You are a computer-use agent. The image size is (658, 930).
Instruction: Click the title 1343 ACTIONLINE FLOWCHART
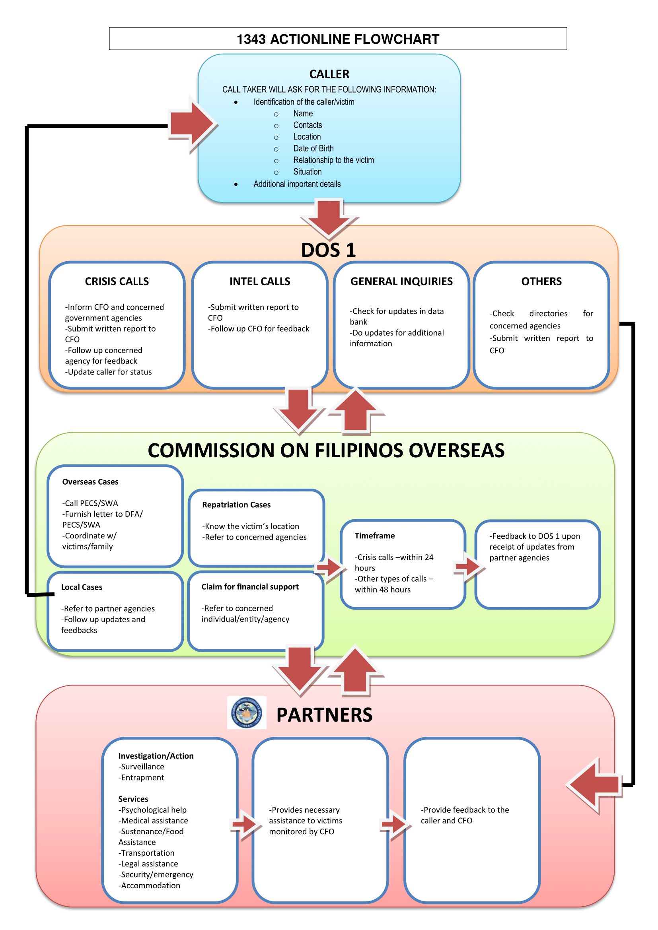tap(337, 39)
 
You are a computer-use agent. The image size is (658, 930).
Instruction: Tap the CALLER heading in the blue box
tap(329, 74)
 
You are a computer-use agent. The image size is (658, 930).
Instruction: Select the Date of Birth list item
tap(313, 149)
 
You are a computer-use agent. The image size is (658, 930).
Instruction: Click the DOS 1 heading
tap(328, 250)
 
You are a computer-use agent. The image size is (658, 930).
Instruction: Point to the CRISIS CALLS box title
tap(117, 282)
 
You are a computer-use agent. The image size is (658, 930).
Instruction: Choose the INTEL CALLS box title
tap(260, 282)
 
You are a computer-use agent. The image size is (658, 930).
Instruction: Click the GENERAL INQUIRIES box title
tap(401, 282)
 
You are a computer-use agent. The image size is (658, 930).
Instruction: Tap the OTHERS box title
tap(541, 282)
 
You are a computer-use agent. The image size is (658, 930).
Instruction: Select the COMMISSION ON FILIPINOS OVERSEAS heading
tap(326, 450)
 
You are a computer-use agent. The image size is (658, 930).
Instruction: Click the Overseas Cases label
tap(90, 482)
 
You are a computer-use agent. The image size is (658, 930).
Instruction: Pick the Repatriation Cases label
tap(236, 505)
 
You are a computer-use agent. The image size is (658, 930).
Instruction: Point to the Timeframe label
tap(374, 536)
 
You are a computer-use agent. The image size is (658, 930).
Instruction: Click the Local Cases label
tap(82, 587)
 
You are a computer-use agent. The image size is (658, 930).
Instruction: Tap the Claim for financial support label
tap(250, 587)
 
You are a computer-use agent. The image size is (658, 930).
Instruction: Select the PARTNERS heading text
tap(324, 715)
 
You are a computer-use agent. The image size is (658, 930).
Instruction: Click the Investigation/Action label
tap(156, 756)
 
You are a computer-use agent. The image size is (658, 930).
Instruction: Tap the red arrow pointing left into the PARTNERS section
tap(594, 785)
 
